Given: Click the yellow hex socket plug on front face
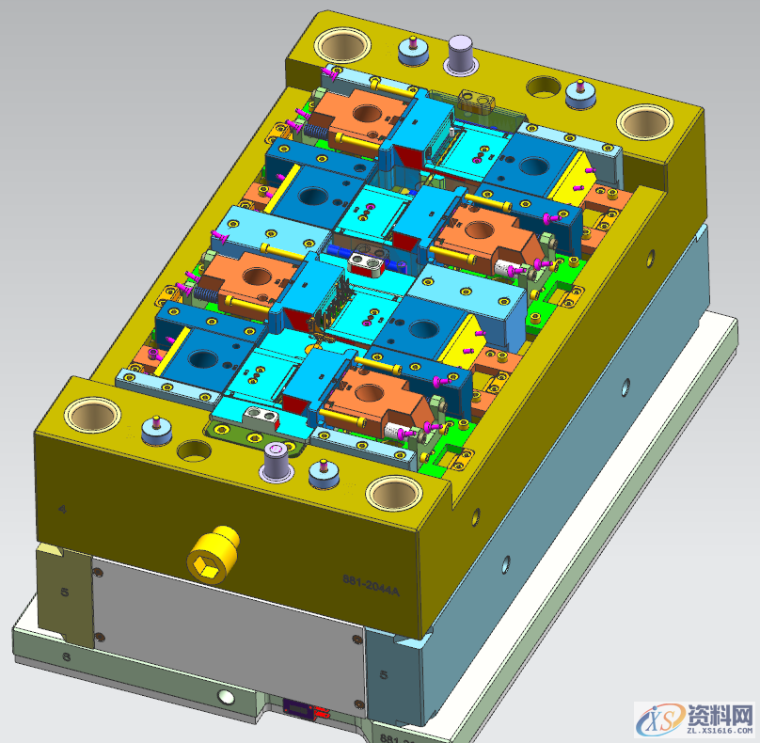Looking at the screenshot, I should point(214,555).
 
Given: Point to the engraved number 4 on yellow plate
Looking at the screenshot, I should point(62,509).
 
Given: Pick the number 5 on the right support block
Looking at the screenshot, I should point(383,674).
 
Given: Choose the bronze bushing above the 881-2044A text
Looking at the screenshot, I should point(393,492).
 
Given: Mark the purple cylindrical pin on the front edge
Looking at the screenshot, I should point(277,462).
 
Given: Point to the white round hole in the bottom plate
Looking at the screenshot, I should point(225,697).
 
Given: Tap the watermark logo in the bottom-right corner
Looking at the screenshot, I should point(696,719).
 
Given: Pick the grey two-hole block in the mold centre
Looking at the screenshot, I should point(368,262).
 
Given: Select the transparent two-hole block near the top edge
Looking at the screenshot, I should point(477,100).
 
